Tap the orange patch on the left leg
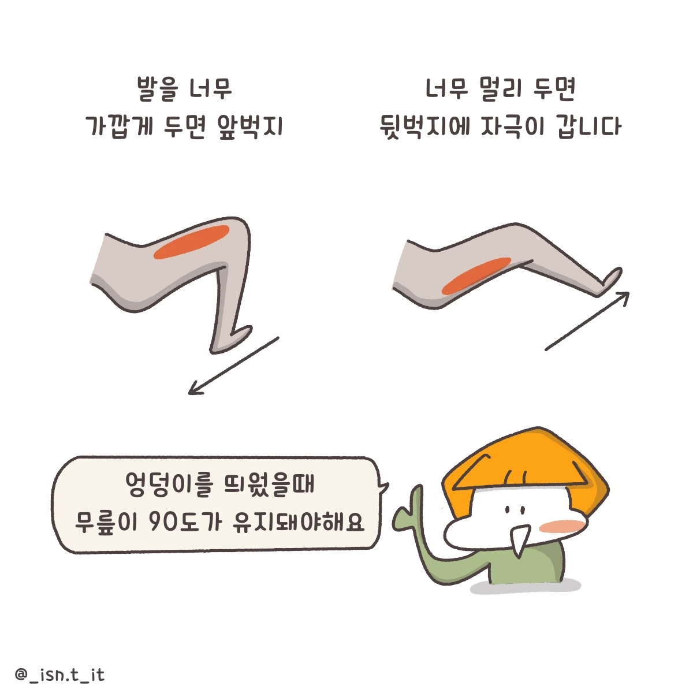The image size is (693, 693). [x=191, y=243]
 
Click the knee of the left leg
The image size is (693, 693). [x=240, y=228]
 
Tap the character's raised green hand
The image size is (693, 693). [x=411, y=508]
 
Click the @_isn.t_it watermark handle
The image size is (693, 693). [x=59, y=675]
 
